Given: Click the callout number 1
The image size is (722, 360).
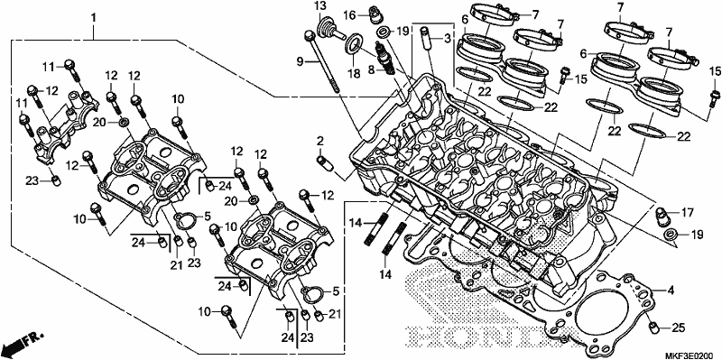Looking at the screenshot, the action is coord(94,18).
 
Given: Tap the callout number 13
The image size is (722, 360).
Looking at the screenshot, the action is coord(320,6).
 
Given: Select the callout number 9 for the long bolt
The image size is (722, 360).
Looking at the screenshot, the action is coord(300,60).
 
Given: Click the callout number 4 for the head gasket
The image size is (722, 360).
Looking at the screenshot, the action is coord(671,291).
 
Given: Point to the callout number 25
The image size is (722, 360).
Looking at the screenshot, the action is coord(675,328).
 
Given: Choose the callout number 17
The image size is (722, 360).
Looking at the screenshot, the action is coord(687,213).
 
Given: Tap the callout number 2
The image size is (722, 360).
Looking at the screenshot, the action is coord(320,140).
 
